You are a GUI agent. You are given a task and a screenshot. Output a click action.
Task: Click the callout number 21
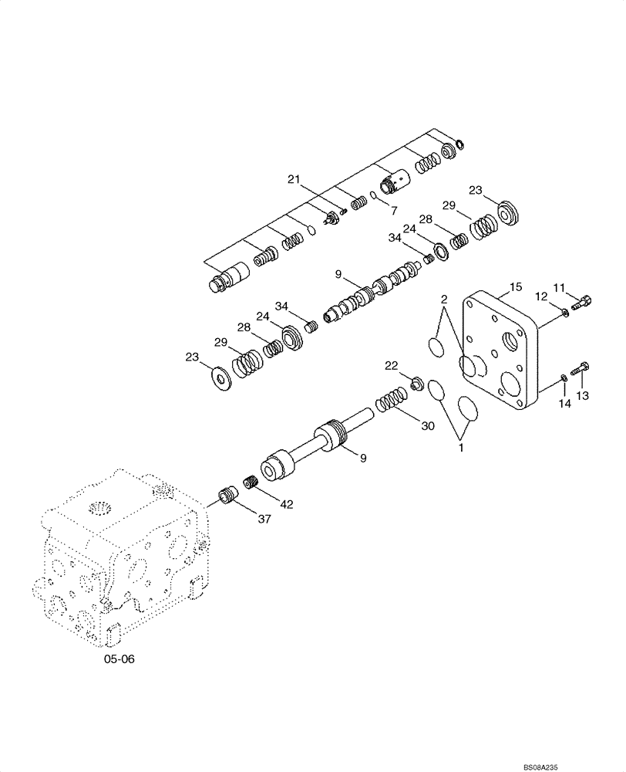[293, 179]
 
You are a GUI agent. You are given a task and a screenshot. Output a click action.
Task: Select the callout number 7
[393, 210]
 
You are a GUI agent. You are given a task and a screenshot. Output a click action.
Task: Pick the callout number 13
[582, 396]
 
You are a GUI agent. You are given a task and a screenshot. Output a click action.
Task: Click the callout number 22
[393, 364]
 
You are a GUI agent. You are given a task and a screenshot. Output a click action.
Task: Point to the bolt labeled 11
[582, 303]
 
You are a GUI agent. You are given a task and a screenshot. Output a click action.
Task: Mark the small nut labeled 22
[416, 382]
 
